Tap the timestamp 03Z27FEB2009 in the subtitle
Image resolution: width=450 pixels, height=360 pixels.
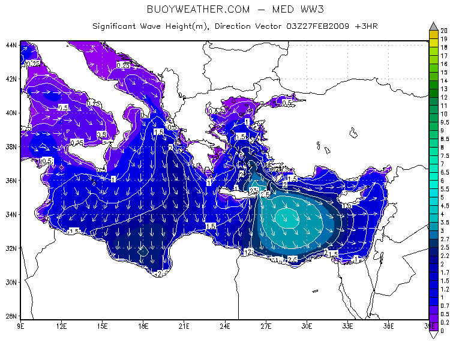(x=316, y=26)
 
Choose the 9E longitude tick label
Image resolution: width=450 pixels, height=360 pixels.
(x=21, y=326)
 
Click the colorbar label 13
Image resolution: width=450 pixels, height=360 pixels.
(x=444, y=89)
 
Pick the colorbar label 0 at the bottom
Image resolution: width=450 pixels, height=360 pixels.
(x=442, y=331)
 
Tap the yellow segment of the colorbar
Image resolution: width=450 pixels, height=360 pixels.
(x=433, y=34)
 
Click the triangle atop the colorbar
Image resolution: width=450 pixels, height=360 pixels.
(x=433, y=26)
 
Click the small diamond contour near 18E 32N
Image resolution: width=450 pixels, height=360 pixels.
(x=143, y=251)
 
